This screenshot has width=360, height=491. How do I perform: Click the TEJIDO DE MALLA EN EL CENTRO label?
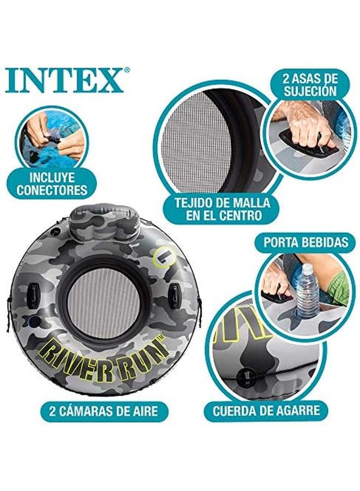coord(222,209)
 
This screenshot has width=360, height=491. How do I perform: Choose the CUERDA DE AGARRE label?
coord(266,409)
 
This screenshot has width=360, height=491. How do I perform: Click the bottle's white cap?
coord(307,268)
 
